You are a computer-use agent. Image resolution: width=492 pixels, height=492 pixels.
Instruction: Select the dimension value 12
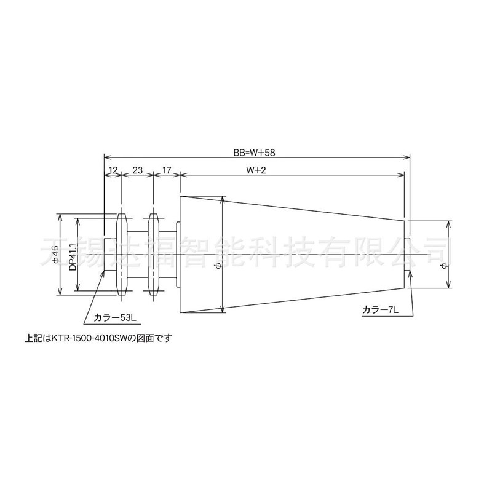point(113,169)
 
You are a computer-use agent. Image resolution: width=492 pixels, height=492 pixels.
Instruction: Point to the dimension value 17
point(166,169)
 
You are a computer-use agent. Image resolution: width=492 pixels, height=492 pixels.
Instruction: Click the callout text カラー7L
point(381,311)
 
